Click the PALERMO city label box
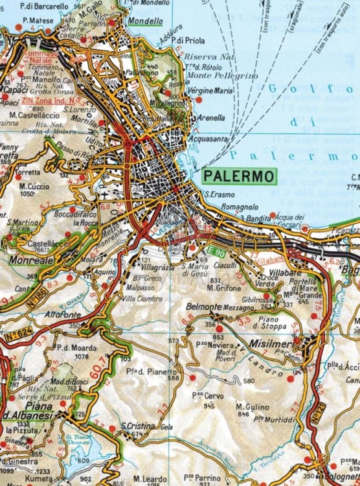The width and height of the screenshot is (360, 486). (238, 176)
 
